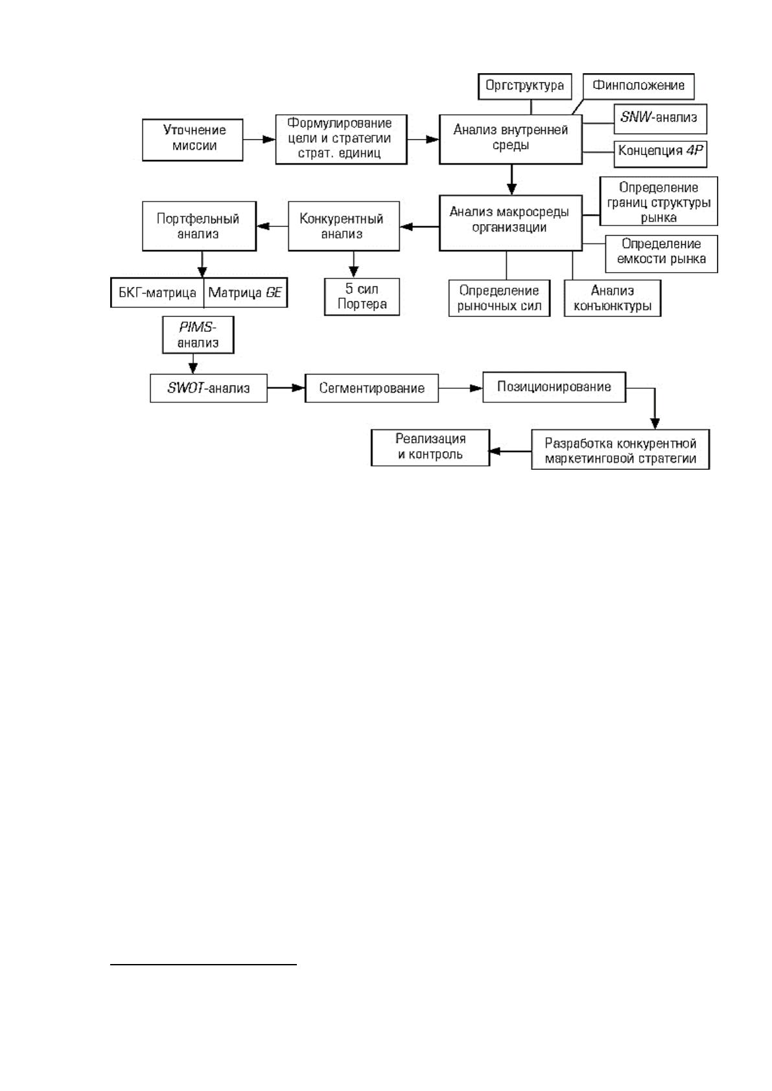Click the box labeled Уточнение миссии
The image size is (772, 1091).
point(193,140)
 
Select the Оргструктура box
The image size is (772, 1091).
point(524,86)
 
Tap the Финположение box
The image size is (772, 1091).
point(638,86)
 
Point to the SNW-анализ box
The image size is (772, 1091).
point(660,119)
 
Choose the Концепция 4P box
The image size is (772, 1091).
point(660,154)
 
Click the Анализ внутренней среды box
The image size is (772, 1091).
point(510,139)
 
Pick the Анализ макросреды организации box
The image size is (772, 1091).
point(510,223)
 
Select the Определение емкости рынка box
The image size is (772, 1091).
point(661,254)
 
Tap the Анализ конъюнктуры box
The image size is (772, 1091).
point(612,298)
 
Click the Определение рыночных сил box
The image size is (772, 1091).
point(499,298)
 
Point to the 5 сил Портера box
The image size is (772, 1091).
point(362,297)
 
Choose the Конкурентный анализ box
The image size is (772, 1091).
point(344,226)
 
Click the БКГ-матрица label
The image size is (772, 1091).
point(158,293)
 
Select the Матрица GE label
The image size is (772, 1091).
point(244,293)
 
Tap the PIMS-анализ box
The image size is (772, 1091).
point(198,334)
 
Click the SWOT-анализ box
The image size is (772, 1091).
point(209,388)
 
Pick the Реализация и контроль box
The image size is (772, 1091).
point(430,448)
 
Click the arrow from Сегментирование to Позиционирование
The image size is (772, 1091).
point(461,388)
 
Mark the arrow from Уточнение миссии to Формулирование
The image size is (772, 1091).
point(259,140)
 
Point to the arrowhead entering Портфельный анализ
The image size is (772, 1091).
point(263,226)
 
